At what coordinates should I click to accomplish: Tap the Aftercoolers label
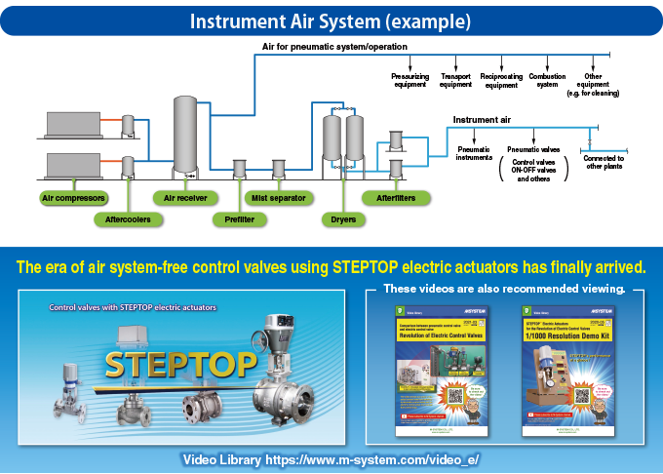pos(129,219)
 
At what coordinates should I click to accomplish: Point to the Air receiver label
pos(184,197)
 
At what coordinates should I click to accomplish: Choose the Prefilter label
pos(238,219)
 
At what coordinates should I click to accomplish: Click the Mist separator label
pos(278,197)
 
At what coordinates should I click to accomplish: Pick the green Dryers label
pos(342,219)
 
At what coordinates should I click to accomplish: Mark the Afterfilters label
pos(397,197)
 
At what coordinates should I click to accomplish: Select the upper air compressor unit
pos(72,124)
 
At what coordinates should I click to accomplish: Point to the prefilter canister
pos(239,169)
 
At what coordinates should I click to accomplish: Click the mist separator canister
pos(279,169)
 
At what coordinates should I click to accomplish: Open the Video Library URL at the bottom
pos(331,459)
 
